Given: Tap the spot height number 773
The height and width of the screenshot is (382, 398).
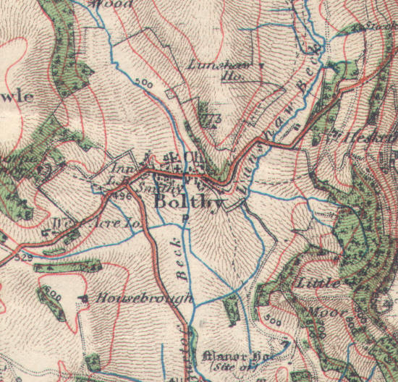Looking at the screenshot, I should coord(212,118).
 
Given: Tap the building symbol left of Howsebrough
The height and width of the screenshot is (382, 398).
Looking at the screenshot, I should coord(85,297).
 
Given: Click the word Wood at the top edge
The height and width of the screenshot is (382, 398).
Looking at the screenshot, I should coord(115,4).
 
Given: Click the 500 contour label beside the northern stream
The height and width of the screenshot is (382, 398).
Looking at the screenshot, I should coord(143,85).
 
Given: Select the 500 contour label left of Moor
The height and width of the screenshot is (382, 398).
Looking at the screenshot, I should coord(273,318).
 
